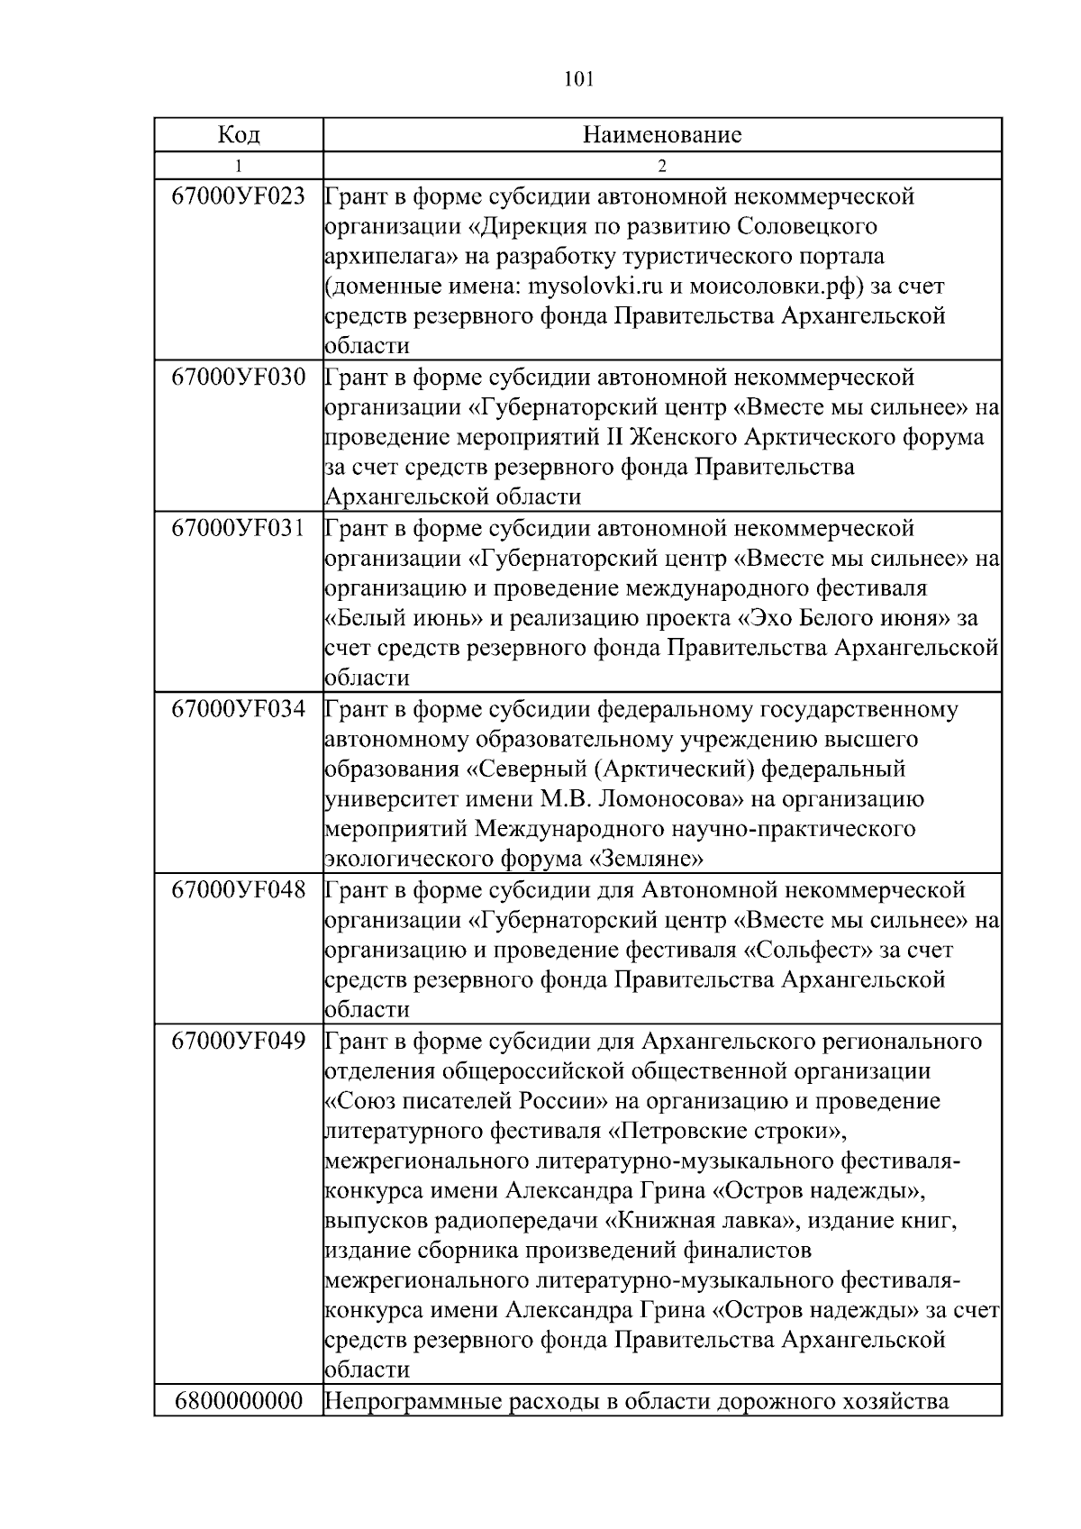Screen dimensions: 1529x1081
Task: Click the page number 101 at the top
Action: [x=578, y=80]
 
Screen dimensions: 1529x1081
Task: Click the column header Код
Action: [x=239, y=135]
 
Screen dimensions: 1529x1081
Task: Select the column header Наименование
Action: [x=662, y=135]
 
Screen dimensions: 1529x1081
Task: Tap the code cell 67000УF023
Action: [x=239, y=196]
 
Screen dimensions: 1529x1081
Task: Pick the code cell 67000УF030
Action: [x=239, y=377]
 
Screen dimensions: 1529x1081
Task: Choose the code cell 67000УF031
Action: [x=239, y=527]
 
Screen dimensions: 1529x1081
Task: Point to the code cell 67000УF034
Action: [x=239, y=708]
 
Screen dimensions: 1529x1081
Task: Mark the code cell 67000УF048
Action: [x=239, y=889]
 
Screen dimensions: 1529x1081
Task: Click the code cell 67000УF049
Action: [x=239, y=1041]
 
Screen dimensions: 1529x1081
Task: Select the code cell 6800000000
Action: [x=239, y=1402]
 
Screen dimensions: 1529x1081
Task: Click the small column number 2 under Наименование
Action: [x=662, y=166]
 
